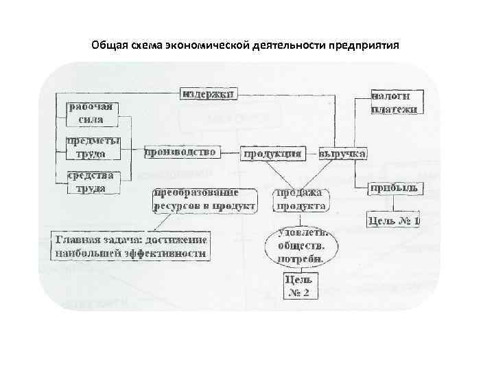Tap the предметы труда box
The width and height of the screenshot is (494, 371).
pyautogui.click(x=92, y=148)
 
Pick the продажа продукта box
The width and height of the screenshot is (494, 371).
pyautogui.click(x=301, y=200)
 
